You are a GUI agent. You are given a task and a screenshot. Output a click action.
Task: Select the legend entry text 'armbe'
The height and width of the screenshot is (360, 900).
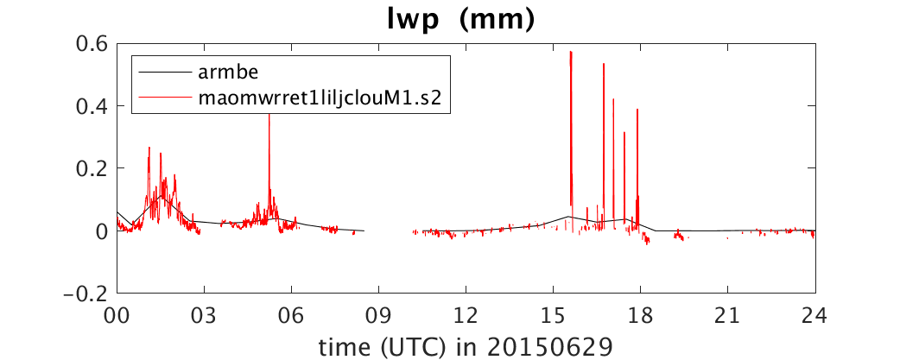[x=224, y=73]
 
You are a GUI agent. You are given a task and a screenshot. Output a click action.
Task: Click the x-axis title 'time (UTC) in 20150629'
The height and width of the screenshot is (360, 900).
[x=466, y=346]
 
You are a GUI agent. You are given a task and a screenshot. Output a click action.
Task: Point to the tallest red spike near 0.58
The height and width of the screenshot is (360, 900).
[x=571, y=52]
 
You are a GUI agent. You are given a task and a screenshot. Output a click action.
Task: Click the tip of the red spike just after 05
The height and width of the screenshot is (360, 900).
[x=269, y=113]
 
